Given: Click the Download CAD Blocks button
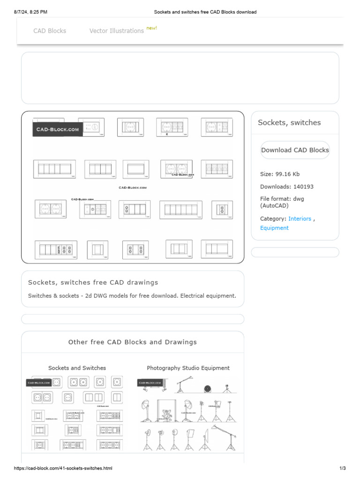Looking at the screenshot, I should [x=295, y=150].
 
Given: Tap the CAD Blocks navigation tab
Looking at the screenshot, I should [x=50, y=31].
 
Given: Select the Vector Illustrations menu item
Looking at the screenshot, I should [x=117, y=31].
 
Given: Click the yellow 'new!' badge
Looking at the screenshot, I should [x=152, y=28].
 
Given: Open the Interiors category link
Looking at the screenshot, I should [x=300, y=218].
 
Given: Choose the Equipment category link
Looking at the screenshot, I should [x=274, y=228].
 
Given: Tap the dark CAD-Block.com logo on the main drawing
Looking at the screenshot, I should [x=58, y=129].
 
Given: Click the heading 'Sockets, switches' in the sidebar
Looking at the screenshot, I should [x=289, y=123].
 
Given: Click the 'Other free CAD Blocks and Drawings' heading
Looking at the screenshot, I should [x=133, y=342].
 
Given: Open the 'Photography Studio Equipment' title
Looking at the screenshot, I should [x=188, y=368].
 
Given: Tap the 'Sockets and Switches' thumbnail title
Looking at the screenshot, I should [x=77, y=368].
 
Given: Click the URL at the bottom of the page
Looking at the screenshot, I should [x=63, y=468].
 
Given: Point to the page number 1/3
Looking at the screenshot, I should [x=342, y=468].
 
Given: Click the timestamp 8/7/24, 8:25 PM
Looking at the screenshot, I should [x=30, y=12].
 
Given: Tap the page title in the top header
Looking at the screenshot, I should [x=205, y=12].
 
